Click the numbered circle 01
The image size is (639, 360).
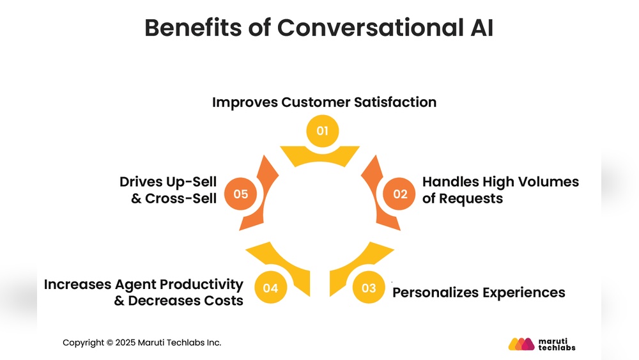[x=322, y=131]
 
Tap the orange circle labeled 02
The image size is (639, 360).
[x=400, y=194]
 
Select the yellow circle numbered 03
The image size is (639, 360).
[x=369, y=288]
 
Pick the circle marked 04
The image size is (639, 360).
[x=270, y=288]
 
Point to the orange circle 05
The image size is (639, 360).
[x=240, y=194]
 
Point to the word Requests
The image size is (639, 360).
[x=472, y=199]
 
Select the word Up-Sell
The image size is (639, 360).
[x=189, y=182]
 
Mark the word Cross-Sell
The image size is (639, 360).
[x=181, y=199]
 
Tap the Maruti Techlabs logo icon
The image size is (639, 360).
[x=521, y=343]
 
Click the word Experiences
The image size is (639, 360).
[x=527, y=293]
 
